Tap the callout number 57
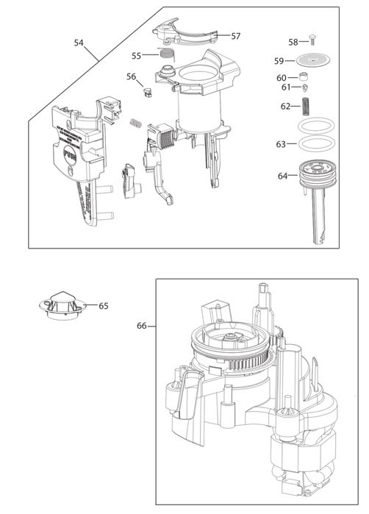[x=235, y=36]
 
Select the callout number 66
[x=143, y=324]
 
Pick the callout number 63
[x=281, y=145]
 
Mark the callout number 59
[x=279, y=61]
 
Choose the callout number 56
[x=131, y=76]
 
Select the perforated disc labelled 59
[x=314, y=61]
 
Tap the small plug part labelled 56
[x=146, y=92]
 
